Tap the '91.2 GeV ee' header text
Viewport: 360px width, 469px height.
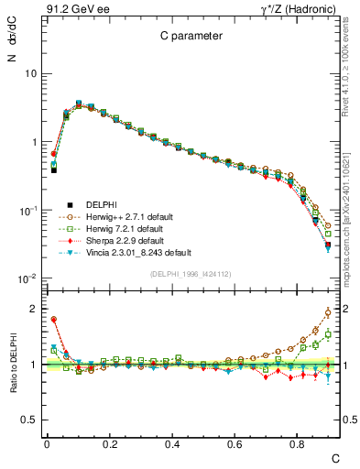[71, 8]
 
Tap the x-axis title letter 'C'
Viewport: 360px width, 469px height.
[336, 456]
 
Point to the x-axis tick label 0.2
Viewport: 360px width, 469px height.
[109, 442]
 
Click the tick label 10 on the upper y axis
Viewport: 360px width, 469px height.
[30, 73]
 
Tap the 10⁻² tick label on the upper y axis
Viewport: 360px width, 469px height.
[27, 278]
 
